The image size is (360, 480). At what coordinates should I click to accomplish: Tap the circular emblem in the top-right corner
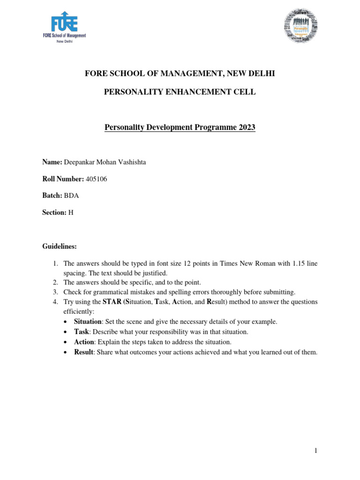(301, 27)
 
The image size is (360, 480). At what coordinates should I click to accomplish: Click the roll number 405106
(97, 179)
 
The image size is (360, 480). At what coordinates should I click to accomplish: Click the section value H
(71, 212)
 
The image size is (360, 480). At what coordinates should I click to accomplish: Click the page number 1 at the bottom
(316, 451)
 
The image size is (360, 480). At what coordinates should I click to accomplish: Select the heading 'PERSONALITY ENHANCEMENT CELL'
(180, 92)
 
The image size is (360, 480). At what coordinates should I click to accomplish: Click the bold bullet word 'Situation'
(88, 322)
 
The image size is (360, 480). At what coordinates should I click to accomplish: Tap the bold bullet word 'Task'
(82, 332)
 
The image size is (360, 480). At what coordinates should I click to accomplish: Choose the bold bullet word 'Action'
(84, 342)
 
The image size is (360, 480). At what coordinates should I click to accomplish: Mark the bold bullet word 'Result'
(83, 352)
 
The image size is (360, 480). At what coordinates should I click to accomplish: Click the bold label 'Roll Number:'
(63, 179)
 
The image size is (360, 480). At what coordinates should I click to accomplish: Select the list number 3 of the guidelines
(55, 292)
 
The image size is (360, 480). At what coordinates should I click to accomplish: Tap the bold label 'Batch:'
(52, 195)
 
